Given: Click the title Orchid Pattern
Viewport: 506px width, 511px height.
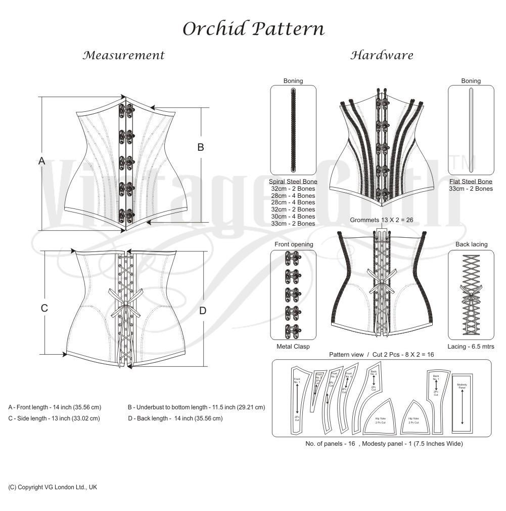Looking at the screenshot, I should coord(253,28).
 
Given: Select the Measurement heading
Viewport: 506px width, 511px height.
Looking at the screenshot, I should coord(124,55).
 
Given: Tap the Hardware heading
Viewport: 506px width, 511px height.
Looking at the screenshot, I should coord(382,55).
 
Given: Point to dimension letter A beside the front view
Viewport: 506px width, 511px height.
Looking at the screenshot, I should coord(42,161).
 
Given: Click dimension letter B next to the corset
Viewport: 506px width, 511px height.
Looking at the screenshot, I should coord(201,147).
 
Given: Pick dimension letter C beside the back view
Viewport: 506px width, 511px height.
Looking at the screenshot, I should coord(44,308).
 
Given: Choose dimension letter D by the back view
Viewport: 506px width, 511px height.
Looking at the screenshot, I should coord(203,311).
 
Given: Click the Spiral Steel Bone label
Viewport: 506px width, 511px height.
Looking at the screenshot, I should coord(293,182).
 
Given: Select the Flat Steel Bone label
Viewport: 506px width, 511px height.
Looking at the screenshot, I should coord(471,182).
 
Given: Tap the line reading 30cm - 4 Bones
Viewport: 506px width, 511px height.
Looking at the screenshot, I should coord(293,217).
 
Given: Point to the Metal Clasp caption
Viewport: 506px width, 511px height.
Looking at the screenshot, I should coord(293,347).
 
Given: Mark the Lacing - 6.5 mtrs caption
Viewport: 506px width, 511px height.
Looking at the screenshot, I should coord(471,347).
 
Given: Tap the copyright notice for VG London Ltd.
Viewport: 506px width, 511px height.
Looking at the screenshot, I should coord(53,487).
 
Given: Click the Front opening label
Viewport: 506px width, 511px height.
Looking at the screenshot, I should coord(294,244).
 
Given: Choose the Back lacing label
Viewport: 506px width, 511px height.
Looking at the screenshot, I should coord(471,244).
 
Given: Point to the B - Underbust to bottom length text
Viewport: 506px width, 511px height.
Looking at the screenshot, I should coord(197,407).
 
